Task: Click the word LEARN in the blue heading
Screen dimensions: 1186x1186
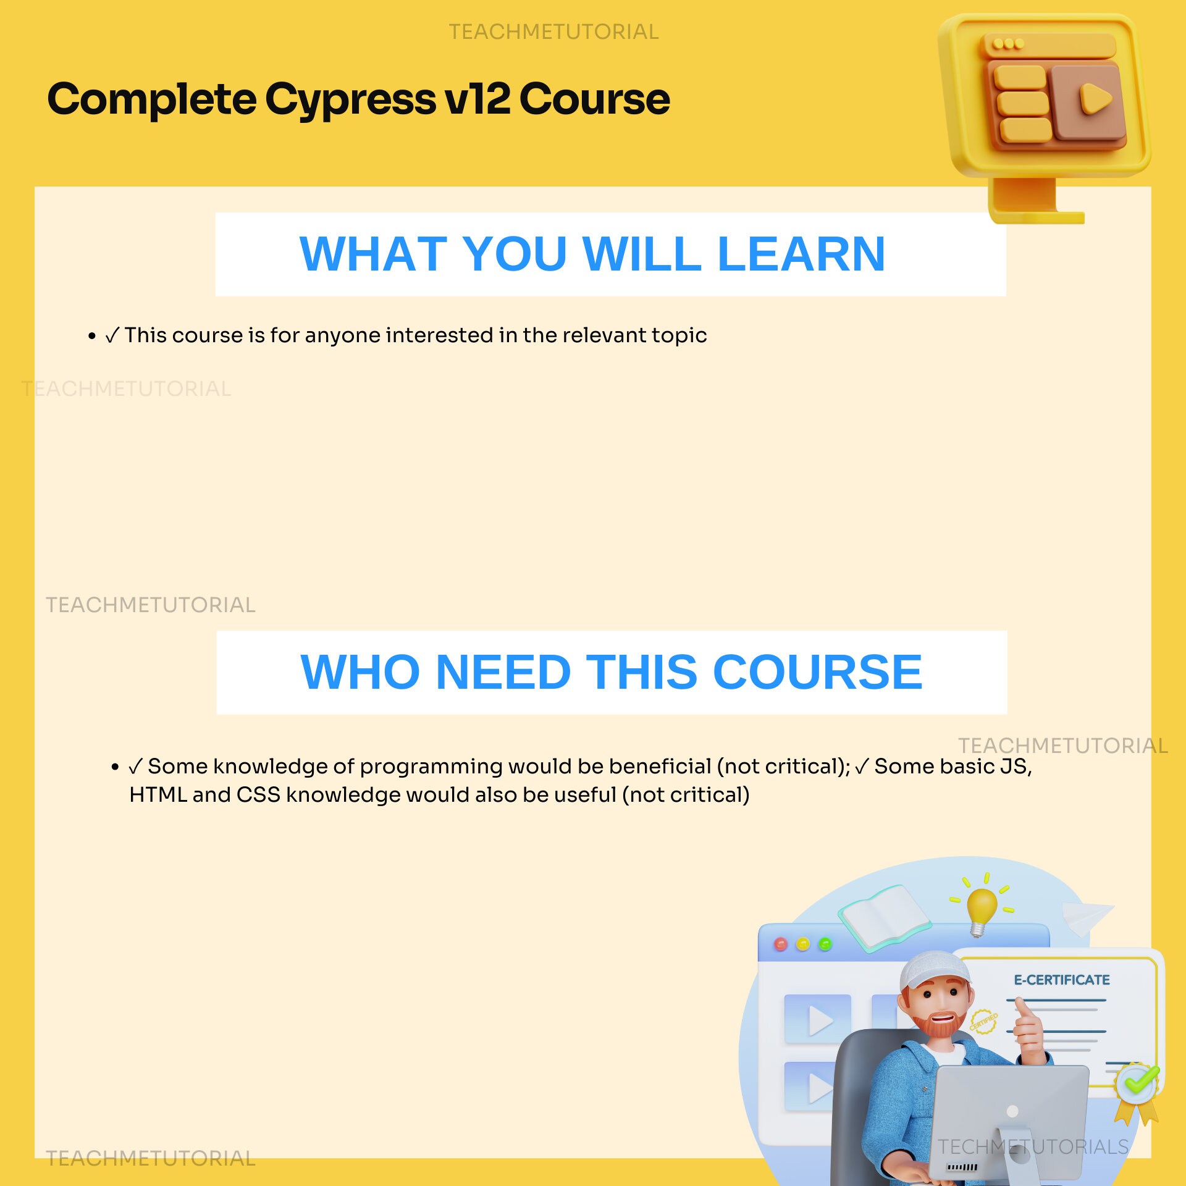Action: click(x=801, y=254)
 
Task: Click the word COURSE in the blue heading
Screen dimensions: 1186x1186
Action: click(x=817, y=672)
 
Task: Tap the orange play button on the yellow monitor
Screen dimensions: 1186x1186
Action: click(x=1095, y=99)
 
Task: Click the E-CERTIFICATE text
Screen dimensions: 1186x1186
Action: click(x=1061, y=980)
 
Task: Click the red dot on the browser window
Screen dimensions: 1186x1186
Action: click(x=781, y=944)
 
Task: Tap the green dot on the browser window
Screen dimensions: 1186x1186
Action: click(x=825, y=944)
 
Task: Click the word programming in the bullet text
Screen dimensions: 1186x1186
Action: click(x=431, y=767)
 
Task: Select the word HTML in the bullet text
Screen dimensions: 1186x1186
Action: click(x=158, y=795)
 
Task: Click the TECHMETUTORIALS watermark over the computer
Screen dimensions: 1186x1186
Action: click(x=1033, y=1147)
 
